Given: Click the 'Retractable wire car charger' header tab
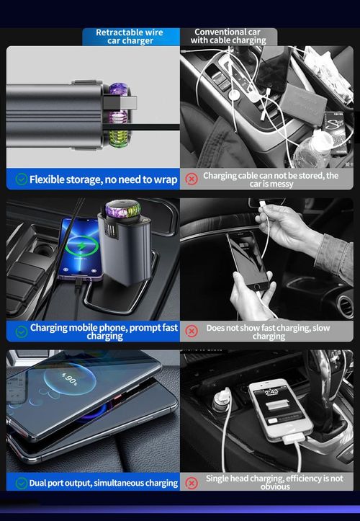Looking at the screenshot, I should point(130,37).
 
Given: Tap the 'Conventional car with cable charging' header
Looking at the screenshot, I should point(227,37).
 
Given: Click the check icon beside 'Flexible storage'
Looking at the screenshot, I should point(22,179).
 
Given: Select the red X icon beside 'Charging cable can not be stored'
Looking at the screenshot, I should point(192,179).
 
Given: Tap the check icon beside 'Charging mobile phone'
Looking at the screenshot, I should point(22,331).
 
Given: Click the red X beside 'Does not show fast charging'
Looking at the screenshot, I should point(192,331).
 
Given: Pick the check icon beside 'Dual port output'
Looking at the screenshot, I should point(22,482).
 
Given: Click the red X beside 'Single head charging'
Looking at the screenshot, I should point(192,482).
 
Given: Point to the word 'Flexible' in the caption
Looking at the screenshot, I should point(52,179).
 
